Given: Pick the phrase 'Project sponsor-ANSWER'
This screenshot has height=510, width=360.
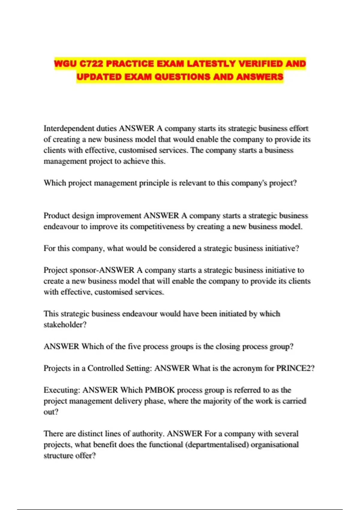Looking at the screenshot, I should coord(89,270).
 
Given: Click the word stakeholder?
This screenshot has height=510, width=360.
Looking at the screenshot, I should coord(65,325).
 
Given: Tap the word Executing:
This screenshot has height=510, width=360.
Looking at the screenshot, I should coord(62,390).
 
